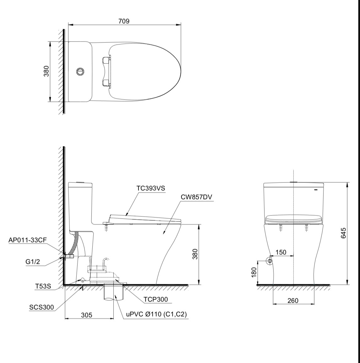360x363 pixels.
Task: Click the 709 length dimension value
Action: pos(124,21)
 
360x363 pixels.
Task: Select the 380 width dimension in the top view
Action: pos(46,72)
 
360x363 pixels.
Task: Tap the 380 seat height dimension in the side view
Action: pos(195,254)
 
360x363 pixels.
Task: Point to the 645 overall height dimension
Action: pos(343,233)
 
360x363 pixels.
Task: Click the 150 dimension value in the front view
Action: pos(281,252)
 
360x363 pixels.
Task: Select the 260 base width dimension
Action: pos(293,301)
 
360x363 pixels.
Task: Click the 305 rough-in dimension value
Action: pos(86,315)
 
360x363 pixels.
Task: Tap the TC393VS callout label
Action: pos(150,188)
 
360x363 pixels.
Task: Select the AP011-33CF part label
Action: pos(28,240)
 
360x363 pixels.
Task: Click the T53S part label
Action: pos(43,286)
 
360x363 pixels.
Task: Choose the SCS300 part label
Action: pos(41,307)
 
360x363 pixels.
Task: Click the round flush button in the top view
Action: pos(80,72)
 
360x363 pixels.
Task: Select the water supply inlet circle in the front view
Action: pos(270,261)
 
